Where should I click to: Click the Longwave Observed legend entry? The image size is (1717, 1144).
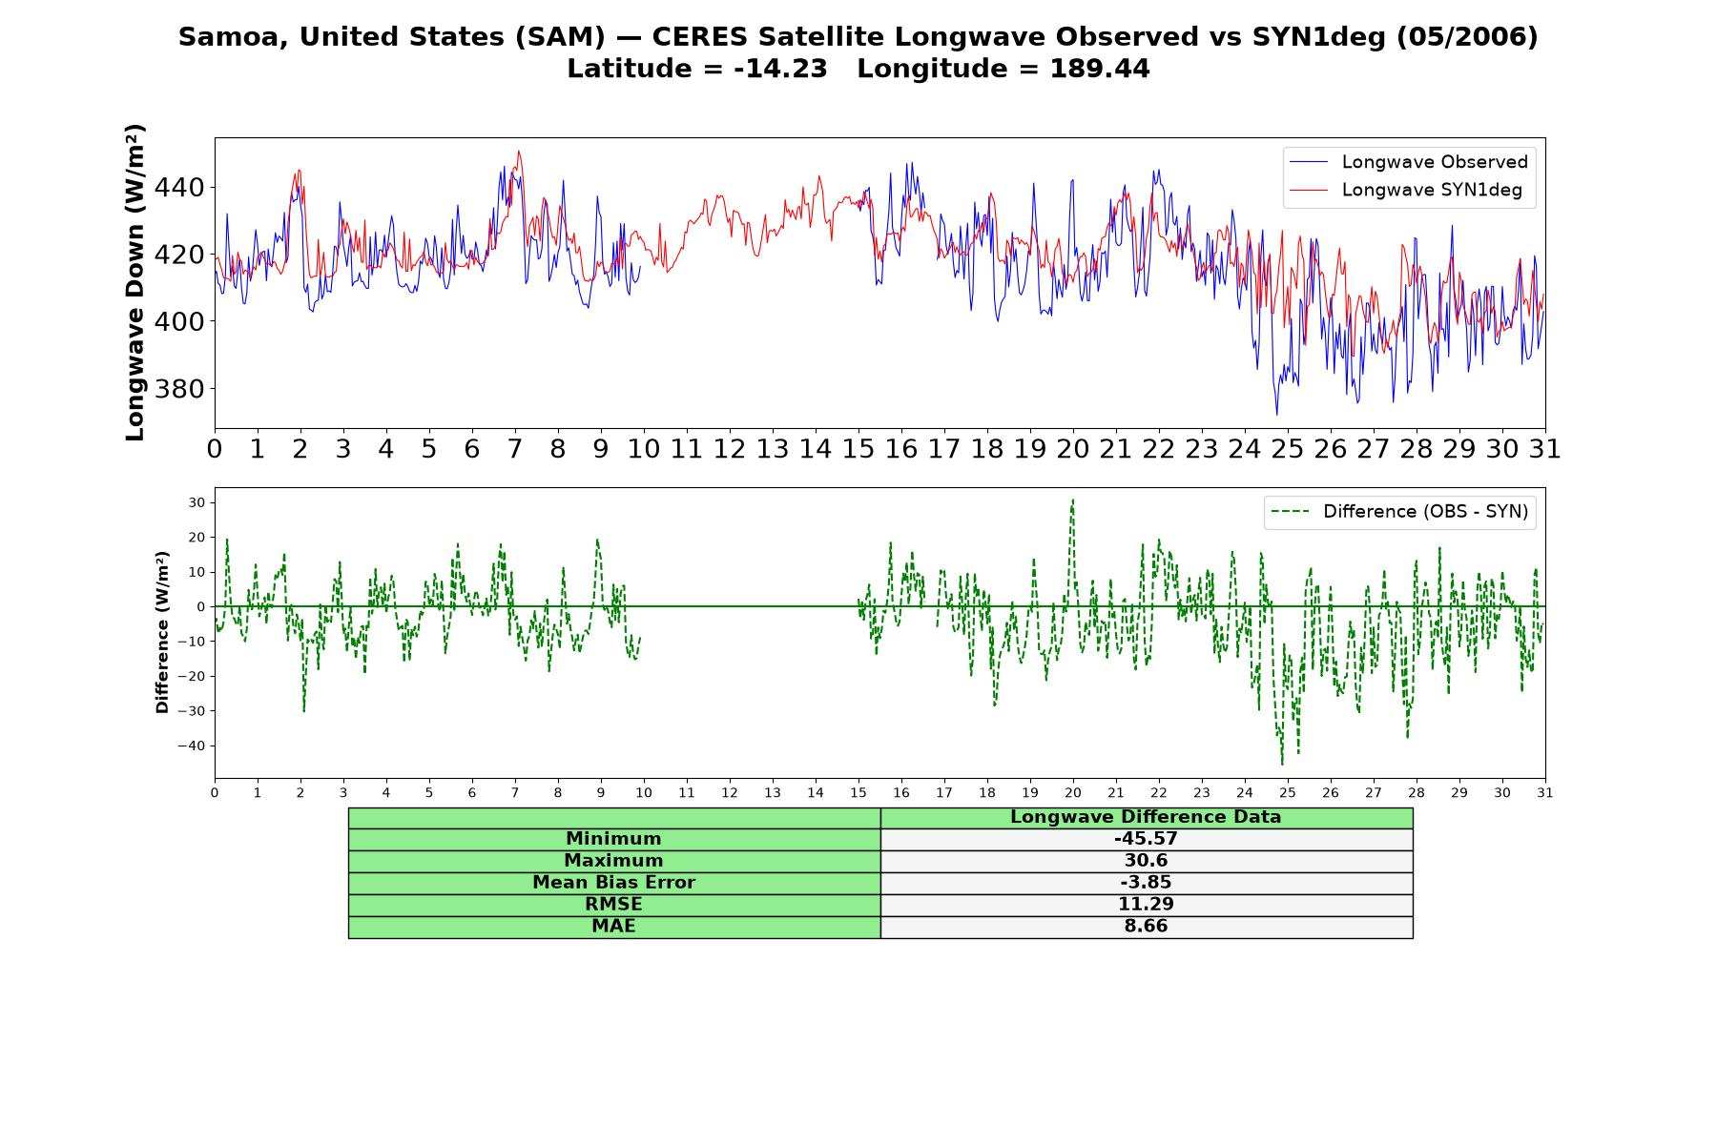1408,162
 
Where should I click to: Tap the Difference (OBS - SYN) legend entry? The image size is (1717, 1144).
1400,512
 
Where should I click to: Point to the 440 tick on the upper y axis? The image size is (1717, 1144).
179,187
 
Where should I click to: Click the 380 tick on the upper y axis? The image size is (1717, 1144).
179,389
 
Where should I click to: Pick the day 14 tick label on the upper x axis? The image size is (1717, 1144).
816,449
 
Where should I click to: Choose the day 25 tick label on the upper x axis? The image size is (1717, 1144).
1288,449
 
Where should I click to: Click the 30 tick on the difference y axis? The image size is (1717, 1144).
197,502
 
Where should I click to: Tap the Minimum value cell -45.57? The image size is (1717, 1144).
1146,839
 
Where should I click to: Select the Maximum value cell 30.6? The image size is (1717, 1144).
1146,861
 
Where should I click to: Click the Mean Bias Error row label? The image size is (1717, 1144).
613,883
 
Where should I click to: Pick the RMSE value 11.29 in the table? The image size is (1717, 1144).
1146,905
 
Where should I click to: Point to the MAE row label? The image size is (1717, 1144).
613,927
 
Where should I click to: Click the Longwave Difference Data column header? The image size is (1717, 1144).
1146,817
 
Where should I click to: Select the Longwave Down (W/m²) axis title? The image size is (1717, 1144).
134,282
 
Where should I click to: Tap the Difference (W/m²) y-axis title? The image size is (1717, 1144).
162,632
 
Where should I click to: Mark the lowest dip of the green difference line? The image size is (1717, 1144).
1282,764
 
